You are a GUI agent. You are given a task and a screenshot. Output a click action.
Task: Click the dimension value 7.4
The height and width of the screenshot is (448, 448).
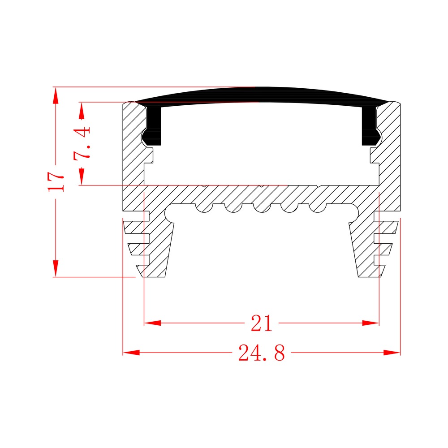[x=82, y=143]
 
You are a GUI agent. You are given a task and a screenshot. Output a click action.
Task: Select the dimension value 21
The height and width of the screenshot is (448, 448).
[x=262, y=323]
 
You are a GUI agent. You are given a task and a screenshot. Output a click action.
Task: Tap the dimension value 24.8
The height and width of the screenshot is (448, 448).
[x=262, y=353]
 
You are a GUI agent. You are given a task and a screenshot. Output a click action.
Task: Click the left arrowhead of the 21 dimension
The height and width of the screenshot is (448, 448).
[x=153, y=323]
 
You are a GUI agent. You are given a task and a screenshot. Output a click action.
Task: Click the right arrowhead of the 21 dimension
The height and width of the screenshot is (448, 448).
[x=370, y=323]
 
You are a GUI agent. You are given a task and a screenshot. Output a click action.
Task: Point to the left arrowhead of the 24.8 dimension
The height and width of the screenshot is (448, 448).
[x=131, y=353]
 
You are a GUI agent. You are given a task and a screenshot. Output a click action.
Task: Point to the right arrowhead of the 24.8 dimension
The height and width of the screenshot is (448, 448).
[x=392, y=353]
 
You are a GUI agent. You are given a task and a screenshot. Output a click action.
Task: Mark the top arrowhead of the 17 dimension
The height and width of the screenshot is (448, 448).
[x=56, y=96]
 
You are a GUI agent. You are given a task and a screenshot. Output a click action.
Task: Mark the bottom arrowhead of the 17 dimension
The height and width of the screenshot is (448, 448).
[x=56, y=268]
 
